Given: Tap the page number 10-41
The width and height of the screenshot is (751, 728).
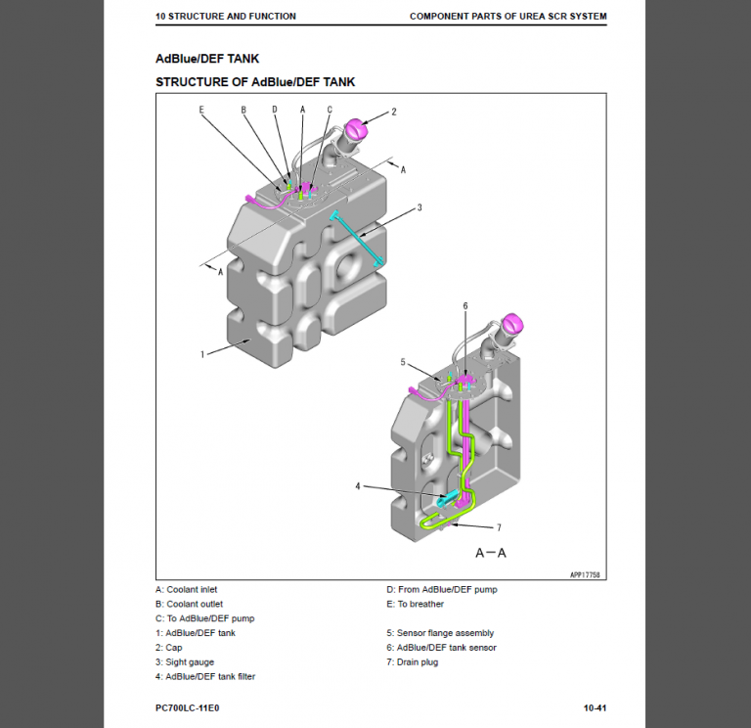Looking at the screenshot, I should [x=596, y=707].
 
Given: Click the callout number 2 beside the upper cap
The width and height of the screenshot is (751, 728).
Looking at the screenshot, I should [x=393, y=112].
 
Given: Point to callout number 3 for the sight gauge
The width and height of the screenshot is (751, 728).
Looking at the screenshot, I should [x=419, y=207].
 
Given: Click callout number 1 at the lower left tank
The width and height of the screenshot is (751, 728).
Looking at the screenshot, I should [x=202, y=354].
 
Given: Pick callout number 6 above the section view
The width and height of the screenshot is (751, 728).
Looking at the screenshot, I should [x=465, y=305].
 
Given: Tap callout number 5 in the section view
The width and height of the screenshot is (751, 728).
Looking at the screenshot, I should [x=402, y=362].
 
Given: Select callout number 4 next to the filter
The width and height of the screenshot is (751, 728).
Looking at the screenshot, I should [x=358, y=485].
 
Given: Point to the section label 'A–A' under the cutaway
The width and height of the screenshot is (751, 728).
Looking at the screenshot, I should [x=490, y=553].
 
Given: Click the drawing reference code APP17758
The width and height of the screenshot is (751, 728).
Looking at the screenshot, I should [x=584, y=575].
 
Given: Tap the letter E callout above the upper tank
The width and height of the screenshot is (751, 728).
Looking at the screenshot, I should [x=201, y=110].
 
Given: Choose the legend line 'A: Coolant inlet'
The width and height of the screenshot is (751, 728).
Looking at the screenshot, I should [x=186, y=590].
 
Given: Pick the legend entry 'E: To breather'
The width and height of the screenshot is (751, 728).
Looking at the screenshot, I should [x=415, y=604].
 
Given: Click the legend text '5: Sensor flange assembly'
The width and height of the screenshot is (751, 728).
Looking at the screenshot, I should [x=439, y=633].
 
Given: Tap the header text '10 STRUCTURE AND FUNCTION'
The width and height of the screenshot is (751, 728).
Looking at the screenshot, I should [x=225, y=17].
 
